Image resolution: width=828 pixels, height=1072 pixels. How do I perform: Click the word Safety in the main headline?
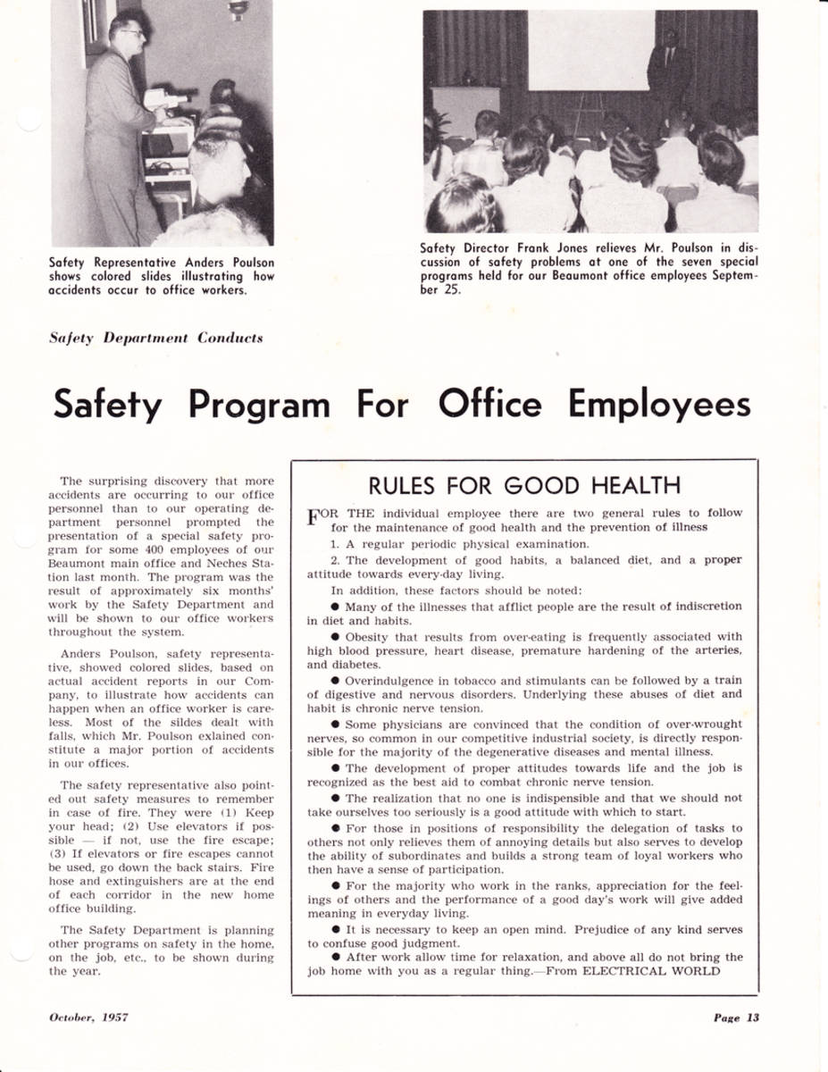[x=107, y=406]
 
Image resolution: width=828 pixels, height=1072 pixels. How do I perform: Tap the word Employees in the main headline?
[x=658, y=406]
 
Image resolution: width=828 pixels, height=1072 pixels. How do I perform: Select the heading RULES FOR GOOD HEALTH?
[x=524, y=485]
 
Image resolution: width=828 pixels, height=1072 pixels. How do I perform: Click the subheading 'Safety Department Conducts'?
[x=156, y=338]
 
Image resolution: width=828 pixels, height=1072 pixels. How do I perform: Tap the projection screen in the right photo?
[x=590, y=50]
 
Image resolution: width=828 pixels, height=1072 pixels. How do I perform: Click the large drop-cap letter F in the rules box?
[x=314, y=519]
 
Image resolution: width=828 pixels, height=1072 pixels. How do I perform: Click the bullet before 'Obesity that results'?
[x=335, y=637]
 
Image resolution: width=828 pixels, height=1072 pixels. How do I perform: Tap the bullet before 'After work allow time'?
[x=335, y=957]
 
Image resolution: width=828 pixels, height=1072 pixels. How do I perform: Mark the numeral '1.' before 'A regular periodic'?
[x=335, y=544]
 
